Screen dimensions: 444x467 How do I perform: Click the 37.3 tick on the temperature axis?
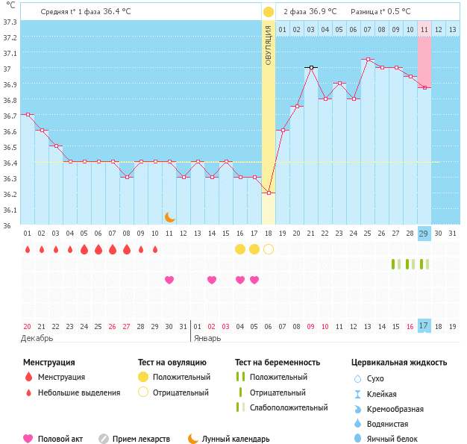click(10, 22)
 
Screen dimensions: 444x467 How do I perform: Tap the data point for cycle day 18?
click(269, 193)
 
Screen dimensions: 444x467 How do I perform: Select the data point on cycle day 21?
click(311, 67)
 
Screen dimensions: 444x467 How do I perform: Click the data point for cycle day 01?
click(28, 114)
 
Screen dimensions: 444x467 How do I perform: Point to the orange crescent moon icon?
click(170, 217)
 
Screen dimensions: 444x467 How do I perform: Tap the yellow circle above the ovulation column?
click(269, 12)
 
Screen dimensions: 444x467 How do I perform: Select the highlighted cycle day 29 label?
click(424, 234)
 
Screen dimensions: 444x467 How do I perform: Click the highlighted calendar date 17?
click(424, 326)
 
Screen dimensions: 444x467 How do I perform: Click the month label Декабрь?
click(37, 338)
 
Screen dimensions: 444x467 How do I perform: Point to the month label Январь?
click(207, 338)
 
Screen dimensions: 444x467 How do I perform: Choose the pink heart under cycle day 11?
click(169, 280)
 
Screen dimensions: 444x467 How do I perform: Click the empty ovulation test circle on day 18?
click(269, 248)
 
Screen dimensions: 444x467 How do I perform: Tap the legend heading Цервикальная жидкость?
click(399, 363)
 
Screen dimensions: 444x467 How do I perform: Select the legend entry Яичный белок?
click(398, 440)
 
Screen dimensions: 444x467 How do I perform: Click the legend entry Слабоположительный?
click(289, 407)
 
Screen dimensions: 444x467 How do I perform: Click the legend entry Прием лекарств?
click(141, 440)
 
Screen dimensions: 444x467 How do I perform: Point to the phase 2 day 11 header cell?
click(424, 30)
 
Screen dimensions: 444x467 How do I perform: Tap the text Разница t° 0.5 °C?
click(381, 12)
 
